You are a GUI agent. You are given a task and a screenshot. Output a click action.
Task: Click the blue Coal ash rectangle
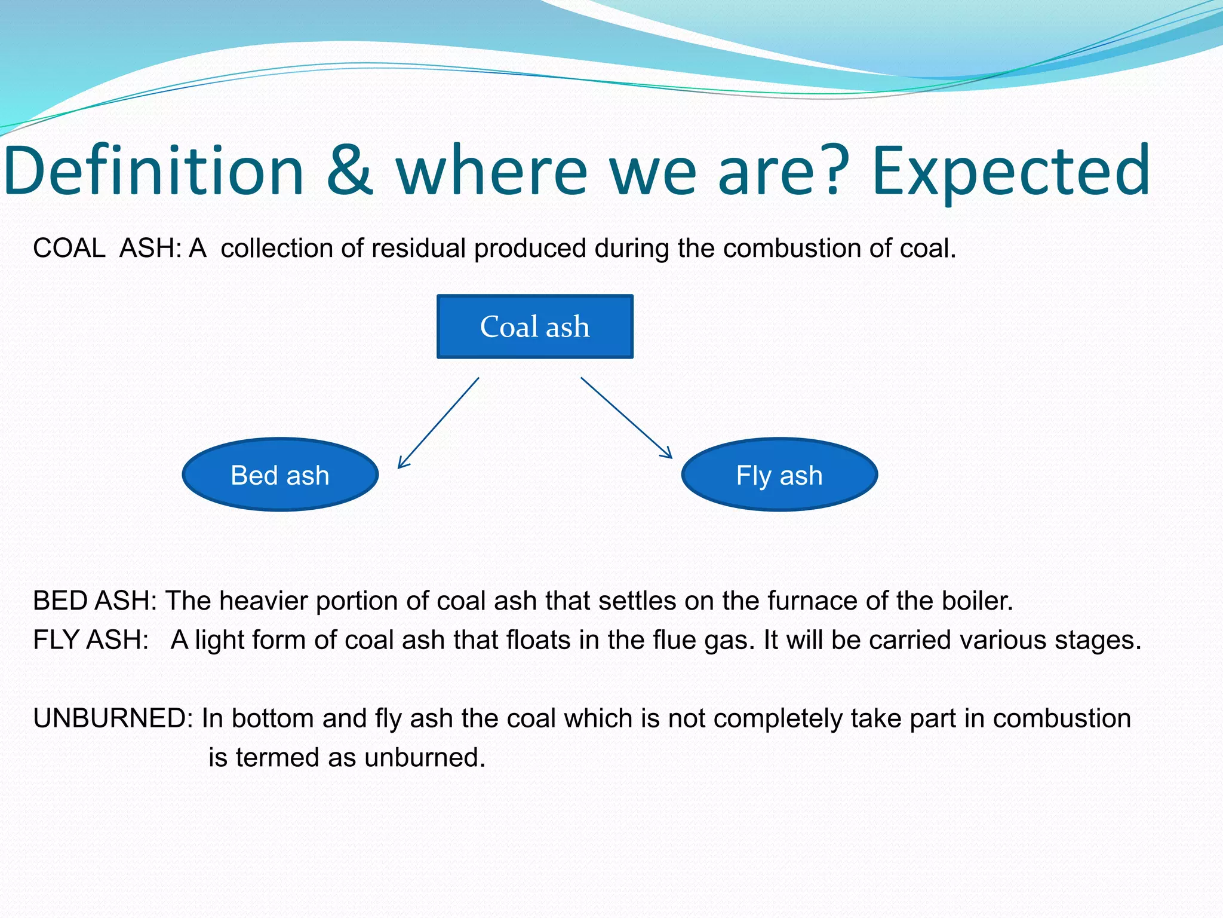pyautogui.click(x=534, y=326)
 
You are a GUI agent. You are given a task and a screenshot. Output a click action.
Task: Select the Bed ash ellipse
pyautogui.click(x=280, y=475)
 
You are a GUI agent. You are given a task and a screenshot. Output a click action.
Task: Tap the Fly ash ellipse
pyautogui.click(x=779, y=475)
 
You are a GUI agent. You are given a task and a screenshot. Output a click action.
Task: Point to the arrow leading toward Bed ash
pyautogui.click(x=438, y=423)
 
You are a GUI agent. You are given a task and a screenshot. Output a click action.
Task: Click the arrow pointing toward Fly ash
pyautogui.click(x=626, y=417)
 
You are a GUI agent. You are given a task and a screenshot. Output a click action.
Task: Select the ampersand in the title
pyautogui.click(x=350, y=172)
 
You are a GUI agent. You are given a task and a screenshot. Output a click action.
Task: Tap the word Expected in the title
pyautogui.click(x=1010, y=172)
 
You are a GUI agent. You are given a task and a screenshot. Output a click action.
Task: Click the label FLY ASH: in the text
pyautogui.click(x=90, y=640)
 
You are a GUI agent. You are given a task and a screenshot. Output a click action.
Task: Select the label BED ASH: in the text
pyautogui.click(x=94, y=601)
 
